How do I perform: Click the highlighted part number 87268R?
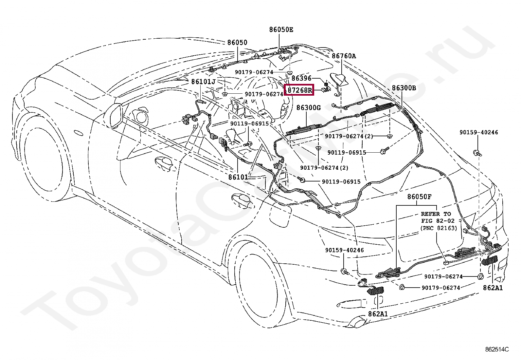tap(299, 89)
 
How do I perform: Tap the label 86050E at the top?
tap(281, 30)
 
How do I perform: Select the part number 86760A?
tap(344, 56)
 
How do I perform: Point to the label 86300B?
tap(404, 88)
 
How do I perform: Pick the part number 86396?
tap(301, 79)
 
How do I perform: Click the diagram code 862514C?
tap(497, 349)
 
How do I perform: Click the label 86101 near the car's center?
tap(238, 177)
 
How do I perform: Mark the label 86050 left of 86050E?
tap(237, 43)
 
